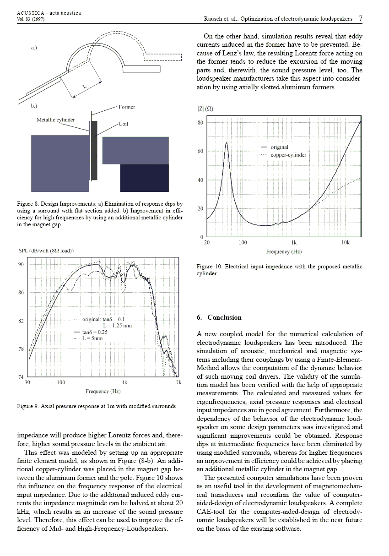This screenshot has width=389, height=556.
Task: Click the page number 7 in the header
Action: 361,19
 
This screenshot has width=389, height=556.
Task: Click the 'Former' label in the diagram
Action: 127,107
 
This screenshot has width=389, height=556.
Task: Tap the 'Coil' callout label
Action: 124,124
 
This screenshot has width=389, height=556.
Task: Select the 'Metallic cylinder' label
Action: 55,120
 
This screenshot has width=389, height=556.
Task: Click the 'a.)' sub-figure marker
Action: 34,48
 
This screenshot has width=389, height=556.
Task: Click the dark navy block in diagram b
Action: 138,178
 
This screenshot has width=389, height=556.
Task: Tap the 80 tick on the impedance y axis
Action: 200,123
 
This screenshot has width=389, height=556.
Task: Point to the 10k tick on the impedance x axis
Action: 346,242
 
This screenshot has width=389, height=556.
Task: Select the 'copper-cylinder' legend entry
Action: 288,155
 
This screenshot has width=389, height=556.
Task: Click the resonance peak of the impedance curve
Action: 226,143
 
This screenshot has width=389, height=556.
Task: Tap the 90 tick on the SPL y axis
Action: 21,264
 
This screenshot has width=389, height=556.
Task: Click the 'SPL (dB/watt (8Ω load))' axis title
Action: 46,251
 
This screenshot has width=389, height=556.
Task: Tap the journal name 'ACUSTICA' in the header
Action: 29,13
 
